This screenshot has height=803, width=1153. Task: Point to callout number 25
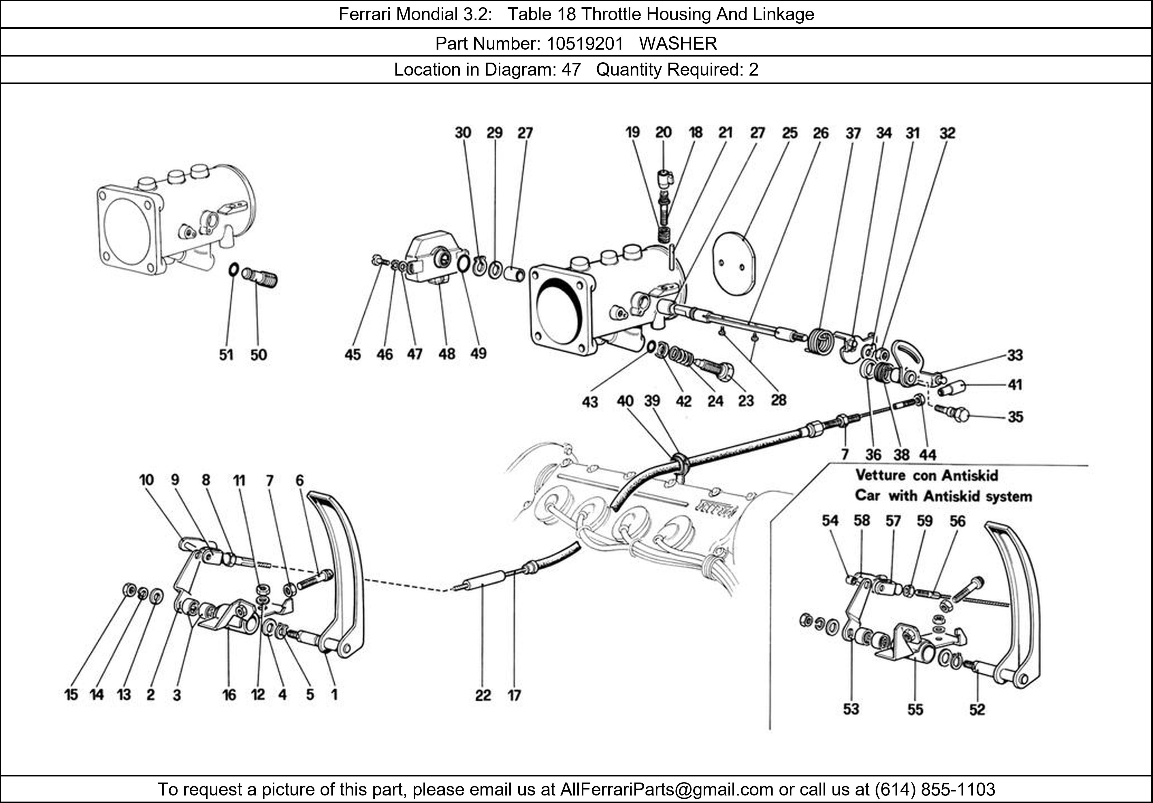[x=790, y=133]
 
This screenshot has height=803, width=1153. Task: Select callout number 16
[x=229, y=695]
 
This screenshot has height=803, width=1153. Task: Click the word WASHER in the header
[x=678, y=44]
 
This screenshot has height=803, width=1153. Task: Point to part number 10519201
[x=585, y=44]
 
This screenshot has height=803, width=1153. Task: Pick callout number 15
[x=71, y=695]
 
